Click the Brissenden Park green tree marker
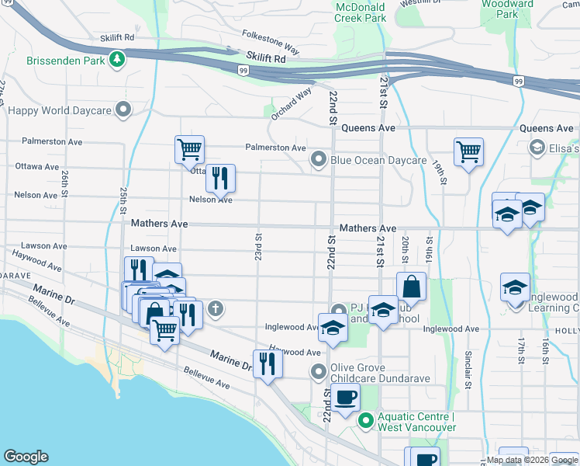(117, 59)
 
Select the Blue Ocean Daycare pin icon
(318, 160)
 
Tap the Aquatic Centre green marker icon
(366, 423)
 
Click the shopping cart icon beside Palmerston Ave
(189, 149)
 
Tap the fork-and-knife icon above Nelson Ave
(220, 179)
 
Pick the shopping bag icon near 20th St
(411, 286)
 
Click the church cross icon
(215, 310)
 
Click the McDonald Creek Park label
(361, 12)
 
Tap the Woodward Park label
(506, 9)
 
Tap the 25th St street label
(123, 200)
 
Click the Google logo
(26, 457)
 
